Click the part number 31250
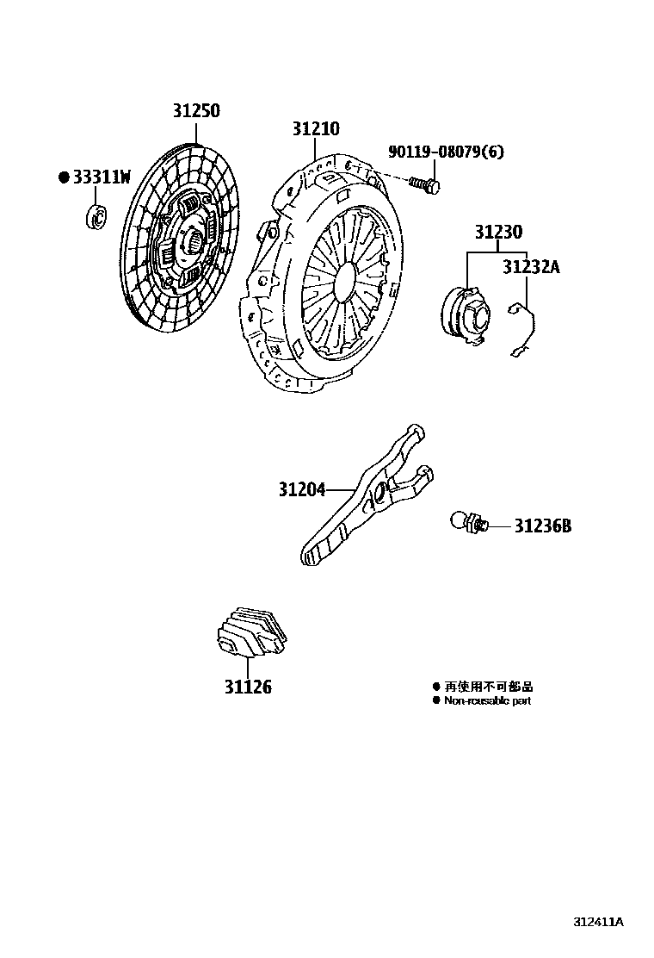click(195, 111)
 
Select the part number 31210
click(315, 129)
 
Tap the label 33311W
click(102, 177)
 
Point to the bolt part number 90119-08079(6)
click(446, 152)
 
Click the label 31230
click(497, 233)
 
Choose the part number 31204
click(301, 490)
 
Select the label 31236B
click(542, 525)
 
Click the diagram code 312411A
click(598, 922)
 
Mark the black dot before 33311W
click(63, 177)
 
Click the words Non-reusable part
click(487, 701)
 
